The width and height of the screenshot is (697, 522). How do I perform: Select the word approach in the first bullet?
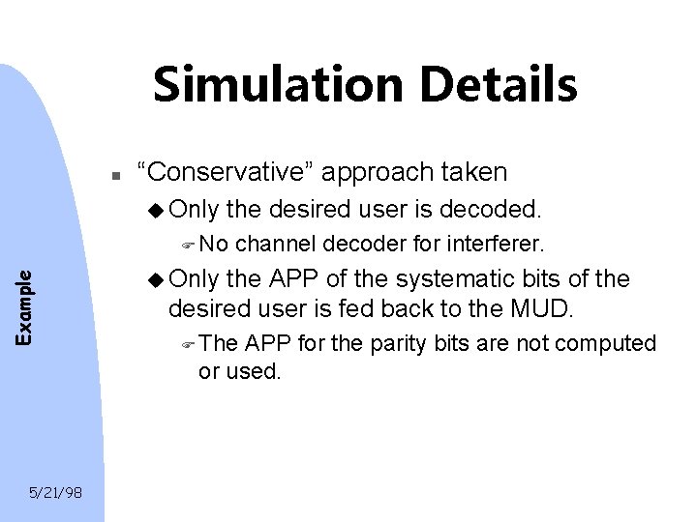pyautogui.click(x=377, y=174)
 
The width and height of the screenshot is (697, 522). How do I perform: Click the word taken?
pyautogui.click(x=473, y=172)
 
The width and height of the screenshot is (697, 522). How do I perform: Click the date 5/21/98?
pyautogui.click(x=56, y=493)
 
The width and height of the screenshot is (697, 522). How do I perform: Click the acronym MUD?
pyautogui.click(x=551, y=310)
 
